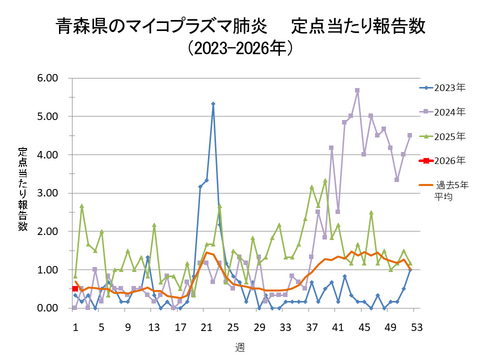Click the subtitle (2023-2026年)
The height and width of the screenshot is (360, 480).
[x=240, y=48]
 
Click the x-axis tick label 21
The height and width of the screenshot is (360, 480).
[x=206, y=326]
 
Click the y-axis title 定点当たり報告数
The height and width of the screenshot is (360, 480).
[x=22, y=190]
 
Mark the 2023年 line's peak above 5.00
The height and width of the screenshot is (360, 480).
[x=213, y=103]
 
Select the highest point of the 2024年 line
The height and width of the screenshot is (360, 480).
[x=357, y=90]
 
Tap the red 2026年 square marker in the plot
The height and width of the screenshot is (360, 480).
[x=76, y=289]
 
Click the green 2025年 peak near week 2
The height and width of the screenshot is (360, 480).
[x=82, y=206]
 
